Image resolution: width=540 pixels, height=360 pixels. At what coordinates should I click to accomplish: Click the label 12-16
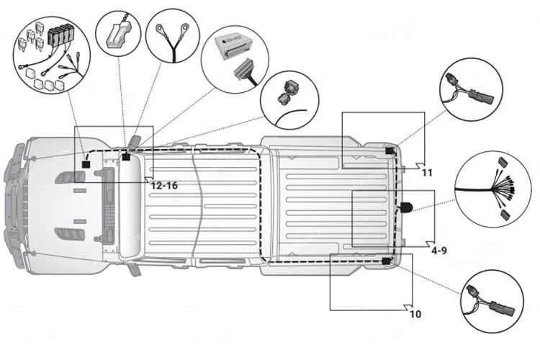(163, 185)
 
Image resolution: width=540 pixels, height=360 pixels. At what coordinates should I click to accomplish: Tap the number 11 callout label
(427, 173)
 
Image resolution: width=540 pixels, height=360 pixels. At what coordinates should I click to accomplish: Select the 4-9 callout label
(439, 251)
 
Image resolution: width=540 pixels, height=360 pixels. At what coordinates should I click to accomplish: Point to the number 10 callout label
(415, 314)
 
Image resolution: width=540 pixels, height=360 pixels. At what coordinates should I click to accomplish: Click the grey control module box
(233, 50)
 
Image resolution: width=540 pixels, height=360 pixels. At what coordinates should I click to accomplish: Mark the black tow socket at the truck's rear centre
(406, 207)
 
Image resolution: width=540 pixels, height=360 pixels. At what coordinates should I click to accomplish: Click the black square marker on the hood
(86, 164)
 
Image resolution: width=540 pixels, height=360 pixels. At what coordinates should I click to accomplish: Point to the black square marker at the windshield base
(125, 157)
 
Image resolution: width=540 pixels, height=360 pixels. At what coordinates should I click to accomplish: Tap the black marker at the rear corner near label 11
(390, 150)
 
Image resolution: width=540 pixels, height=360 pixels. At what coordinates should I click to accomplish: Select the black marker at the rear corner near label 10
(387, 261)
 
